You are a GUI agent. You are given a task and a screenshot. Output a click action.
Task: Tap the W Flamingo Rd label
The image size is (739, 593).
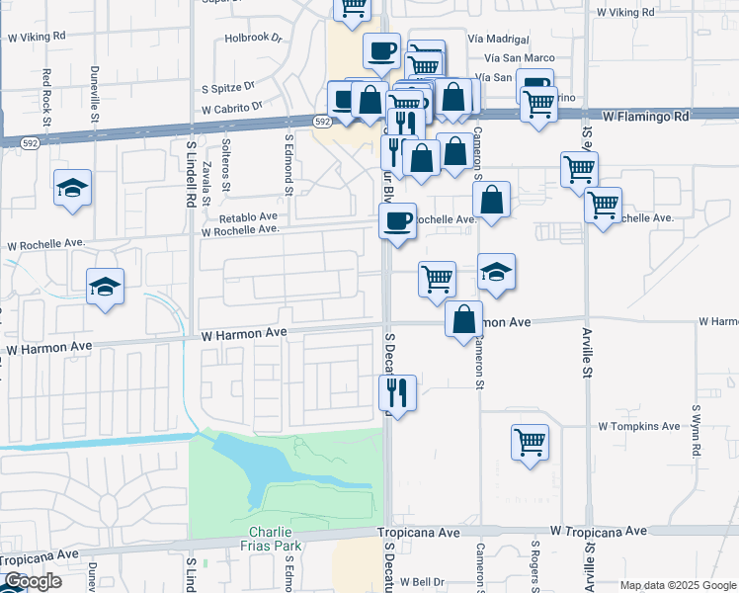[x=645, y=116]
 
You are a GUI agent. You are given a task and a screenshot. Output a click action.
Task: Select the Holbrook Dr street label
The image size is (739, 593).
[x=253, y=39]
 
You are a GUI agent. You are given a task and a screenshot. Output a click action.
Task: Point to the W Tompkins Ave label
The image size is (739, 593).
[x=639, y=426]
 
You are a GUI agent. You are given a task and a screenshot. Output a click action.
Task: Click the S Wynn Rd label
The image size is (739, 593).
[x=696, y=430]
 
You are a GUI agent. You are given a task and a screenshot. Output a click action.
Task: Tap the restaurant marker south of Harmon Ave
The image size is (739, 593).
[x=398, y=393]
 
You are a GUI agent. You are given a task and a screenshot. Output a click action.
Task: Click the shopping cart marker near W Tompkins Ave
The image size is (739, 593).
[x=531, y=441]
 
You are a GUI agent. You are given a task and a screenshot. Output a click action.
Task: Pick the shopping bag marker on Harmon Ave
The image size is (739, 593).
[x=463, y=319]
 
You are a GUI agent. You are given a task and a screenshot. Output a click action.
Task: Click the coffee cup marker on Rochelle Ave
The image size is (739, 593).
[x=398, y=220]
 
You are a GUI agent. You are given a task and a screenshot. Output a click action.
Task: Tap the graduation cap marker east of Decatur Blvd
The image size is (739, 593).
[x=496, y=271]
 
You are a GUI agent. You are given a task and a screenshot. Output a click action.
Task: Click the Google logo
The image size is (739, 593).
[x=33, y=582]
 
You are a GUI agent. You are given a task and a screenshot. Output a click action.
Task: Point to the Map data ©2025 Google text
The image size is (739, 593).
[x=678, y=585]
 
